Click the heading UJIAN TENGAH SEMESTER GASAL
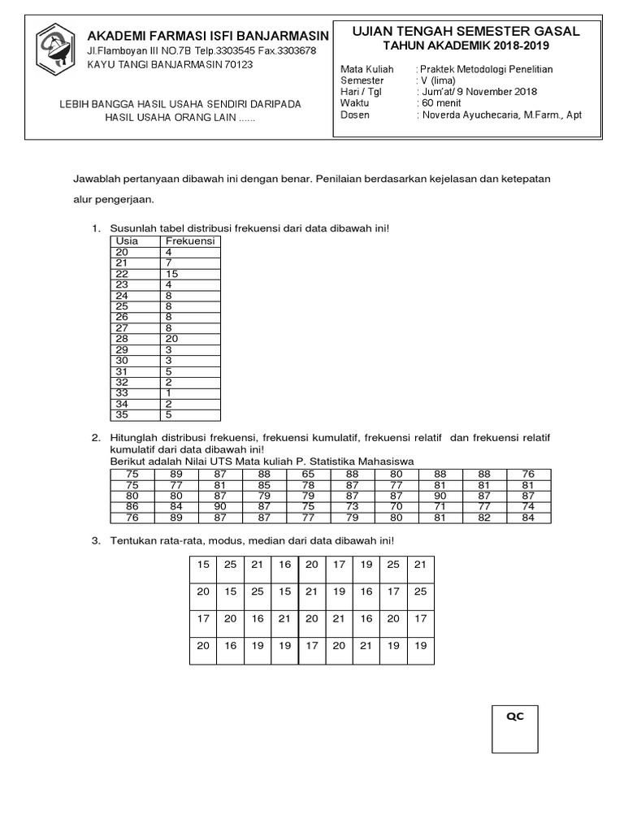tap(466, 32)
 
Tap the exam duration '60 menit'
tap(442, 103)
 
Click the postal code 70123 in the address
tap(235, 64)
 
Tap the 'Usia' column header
tap(127, 241)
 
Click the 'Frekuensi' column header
tap(189, 241)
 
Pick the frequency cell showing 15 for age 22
tap(171, 274)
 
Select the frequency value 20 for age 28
tap(171, 338)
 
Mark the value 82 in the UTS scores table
tap(485, 518)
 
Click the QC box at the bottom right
tap(515, 730)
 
